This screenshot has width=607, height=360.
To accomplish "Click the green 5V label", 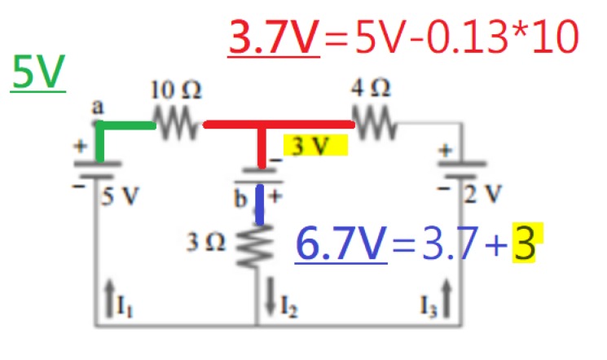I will tap(37, 74).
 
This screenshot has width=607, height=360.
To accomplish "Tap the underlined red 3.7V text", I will tap(275, 38).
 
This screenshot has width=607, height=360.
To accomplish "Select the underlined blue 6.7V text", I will tap(341, 244).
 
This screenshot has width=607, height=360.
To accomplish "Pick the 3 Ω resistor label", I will tap(206, 242).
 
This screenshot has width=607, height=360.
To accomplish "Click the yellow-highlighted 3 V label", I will tap(314, 147).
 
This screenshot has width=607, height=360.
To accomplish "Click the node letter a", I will tap(97, 108).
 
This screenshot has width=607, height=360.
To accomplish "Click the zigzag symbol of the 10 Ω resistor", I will tap(178, 125).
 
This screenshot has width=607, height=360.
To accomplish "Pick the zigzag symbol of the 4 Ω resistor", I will tap(375, 125).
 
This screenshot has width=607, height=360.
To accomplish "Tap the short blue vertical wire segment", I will tap(259, 204).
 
